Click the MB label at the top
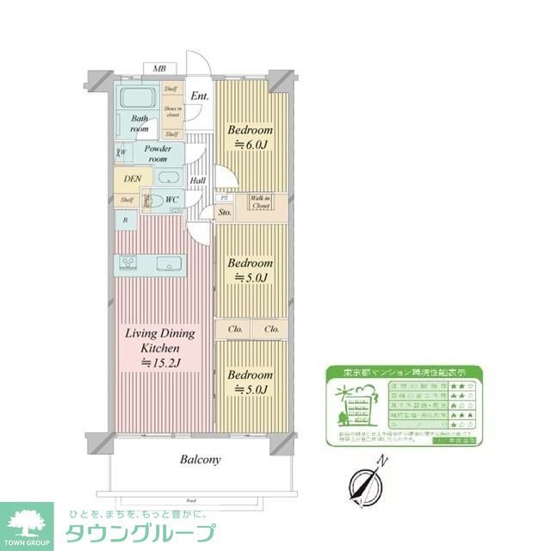point(159,69)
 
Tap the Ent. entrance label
point(200,96)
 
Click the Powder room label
point(156,153)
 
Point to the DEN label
point(132,179)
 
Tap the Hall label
point(197,181)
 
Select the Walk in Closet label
point(261,202)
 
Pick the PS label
point(223,196)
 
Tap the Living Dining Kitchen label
point(160,348)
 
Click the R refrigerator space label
point(127,220)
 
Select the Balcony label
point(200,460)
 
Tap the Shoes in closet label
point(172,111)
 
